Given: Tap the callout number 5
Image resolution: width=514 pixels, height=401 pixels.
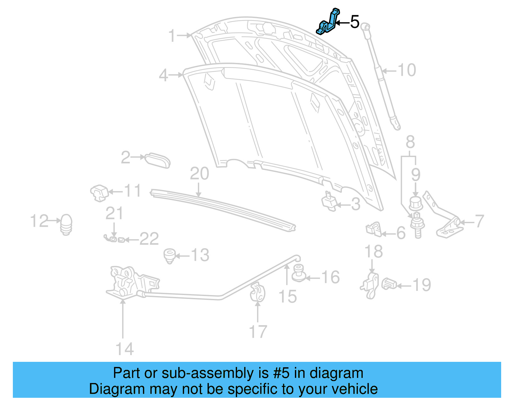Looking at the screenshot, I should pos(355,22).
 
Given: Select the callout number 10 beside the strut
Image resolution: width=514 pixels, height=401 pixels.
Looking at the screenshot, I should pos(407,70).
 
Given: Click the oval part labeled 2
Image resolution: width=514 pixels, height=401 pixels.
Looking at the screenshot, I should pos(157,160).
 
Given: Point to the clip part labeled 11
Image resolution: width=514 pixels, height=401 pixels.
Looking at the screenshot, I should pos(99,193).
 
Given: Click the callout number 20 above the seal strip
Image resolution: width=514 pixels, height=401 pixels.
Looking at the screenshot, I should pos(199,174).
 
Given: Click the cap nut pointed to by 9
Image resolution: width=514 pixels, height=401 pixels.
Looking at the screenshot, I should pos(416,204).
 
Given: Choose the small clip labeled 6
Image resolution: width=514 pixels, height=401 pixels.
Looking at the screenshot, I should pos(373,229).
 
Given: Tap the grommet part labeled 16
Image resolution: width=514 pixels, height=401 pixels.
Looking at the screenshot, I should pos(299,273).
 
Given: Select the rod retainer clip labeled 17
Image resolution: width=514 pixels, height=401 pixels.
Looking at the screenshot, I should pos(258,292).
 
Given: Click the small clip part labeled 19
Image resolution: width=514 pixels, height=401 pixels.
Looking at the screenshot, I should pos(389,284).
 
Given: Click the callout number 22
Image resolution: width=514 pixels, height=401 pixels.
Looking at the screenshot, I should pos(149,239).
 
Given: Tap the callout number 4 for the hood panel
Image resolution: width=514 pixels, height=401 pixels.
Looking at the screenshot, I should pos(164,75).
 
